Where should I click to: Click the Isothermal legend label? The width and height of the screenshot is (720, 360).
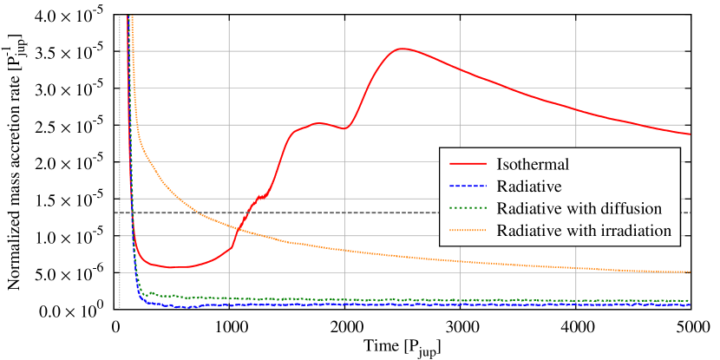532,163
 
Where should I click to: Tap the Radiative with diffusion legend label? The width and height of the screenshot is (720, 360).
579,208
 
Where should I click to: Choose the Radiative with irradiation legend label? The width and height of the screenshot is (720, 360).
584,231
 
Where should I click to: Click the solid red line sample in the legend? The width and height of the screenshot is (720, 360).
467,163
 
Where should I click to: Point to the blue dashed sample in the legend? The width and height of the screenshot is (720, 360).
467,186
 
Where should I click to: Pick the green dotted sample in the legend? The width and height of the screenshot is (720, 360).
467,208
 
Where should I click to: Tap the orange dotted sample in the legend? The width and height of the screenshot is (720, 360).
467,231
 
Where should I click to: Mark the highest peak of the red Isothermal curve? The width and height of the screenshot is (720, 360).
403,49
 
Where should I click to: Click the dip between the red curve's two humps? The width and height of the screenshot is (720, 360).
346,128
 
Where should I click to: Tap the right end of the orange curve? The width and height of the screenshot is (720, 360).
689,272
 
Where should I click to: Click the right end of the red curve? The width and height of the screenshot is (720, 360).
689,134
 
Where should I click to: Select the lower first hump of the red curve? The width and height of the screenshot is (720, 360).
320,123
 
